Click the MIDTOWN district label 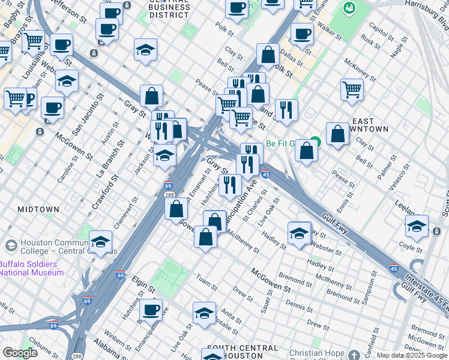point(38,209)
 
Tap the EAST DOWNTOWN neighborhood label point(368,125)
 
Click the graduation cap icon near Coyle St point(416,227)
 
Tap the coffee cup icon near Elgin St point(151,310)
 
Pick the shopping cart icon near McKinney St point(352,89)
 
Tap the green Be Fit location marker point(315,143)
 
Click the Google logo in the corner point(20,352)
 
